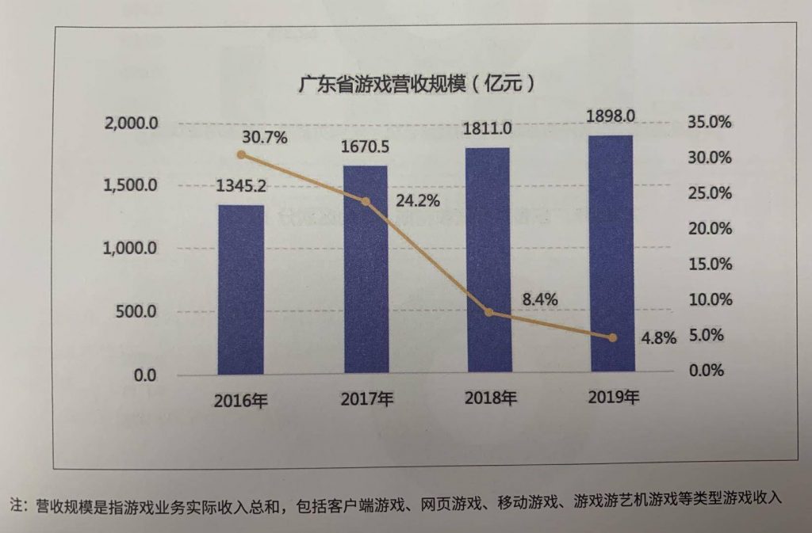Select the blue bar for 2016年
point(241,290)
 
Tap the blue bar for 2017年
point(366,269)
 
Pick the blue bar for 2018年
point(488,260)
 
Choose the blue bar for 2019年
point(612,253)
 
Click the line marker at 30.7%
point(241,155)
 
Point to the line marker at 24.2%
point(366,202)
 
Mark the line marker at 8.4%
point(488,312)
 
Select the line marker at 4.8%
point(613,337)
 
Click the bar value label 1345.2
point(241,186)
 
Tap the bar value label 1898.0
point(611,116)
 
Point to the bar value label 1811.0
point(488,128)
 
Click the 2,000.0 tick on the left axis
point(131,124)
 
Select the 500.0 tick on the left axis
point(136,312)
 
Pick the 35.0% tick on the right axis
point(710,123)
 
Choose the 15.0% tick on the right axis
point(710,265)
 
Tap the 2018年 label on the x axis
point(490,398)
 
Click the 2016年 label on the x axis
point(241,401)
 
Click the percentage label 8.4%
point(540,299)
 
